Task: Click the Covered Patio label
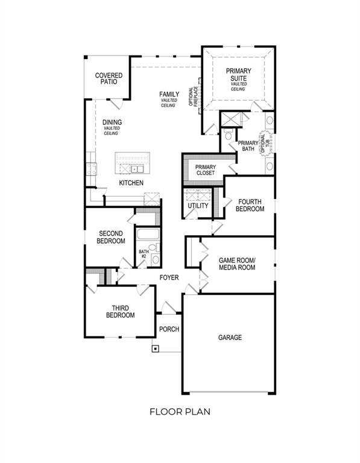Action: point(109,78)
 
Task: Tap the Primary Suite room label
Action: point(238,75)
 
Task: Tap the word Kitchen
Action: point(131,183)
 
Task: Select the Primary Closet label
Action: point(206,170)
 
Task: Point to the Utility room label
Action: point(198,206)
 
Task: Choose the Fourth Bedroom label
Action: point(250,205)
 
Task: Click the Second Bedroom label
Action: point(111,237)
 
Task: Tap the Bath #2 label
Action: point(143,254)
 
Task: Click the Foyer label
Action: point(169,278)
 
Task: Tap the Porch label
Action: point(169,329)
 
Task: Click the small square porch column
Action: point(156,348)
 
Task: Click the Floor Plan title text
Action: point(180,412)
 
